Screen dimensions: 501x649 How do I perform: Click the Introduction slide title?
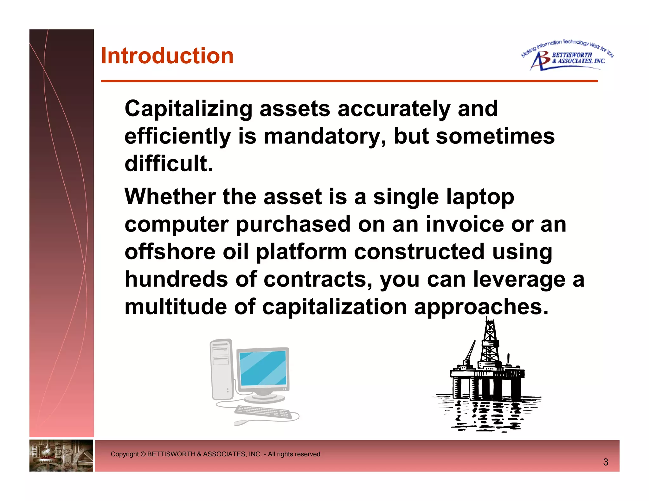[167, 56]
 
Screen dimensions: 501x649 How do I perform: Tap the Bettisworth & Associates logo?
[567, 56]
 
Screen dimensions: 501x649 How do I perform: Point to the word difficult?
[168, 164]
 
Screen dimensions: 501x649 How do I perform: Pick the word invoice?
[465, 224]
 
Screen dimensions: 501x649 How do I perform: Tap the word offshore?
[170, 252]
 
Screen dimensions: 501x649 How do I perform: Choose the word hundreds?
[176, 279]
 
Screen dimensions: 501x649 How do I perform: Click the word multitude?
[176, 307]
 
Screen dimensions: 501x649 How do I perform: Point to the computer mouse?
[241, 422]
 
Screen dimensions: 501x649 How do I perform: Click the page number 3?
[605, 462]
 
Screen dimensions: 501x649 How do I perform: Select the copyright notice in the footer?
[215, 454]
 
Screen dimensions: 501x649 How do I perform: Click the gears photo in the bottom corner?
[61, 455]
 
